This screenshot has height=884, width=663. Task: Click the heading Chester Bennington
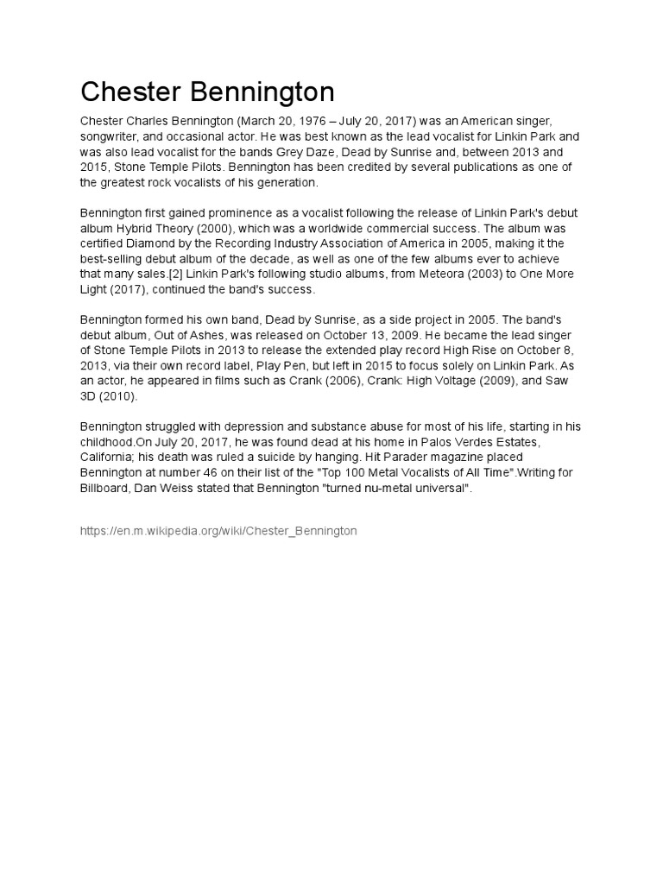[207, 92]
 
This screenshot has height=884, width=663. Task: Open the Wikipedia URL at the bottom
[218, 531]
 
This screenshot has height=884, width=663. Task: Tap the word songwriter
[114, 136]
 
